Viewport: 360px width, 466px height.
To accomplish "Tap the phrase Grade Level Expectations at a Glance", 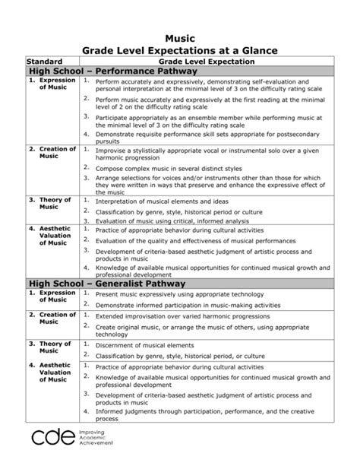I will pos(180,50).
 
